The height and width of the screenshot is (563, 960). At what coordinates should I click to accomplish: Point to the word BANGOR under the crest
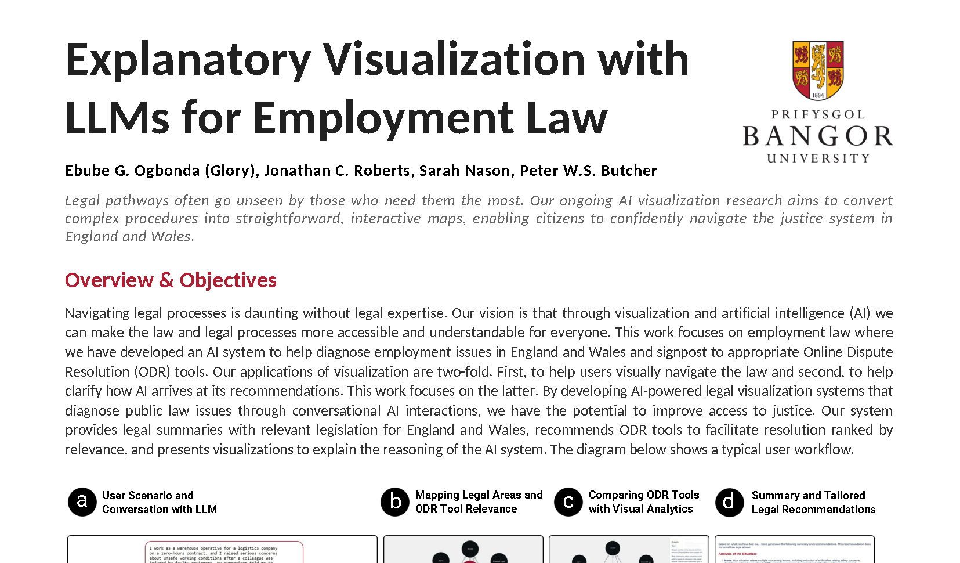[x=818, y=136]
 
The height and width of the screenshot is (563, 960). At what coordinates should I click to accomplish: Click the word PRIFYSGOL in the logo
[x=818, y=114]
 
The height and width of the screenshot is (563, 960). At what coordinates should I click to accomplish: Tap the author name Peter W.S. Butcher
[x=588, y=171]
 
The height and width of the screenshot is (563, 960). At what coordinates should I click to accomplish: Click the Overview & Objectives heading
[x=171, y=280]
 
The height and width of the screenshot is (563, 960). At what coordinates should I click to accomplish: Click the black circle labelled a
[x=82, y=501]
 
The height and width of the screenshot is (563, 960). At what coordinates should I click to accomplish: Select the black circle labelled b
[x=395, y=501]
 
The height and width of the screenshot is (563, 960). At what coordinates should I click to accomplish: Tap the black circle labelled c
[x=568, y=501]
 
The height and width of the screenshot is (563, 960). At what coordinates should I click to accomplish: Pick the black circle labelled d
[x=729, y=501]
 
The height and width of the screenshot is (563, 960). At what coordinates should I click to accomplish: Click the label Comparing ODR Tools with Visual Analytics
[x=643, y=501]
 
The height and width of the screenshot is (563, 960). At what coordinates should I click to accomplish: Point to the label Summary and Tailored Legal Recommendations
[x=813, y=502]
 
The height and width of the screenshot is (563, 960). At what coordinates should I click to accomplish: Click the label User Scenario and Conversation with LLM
[x=159, y=502]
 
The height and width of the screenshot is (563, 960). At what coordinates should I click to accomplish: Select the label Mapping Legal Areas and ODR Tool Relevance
[x=479, y=501]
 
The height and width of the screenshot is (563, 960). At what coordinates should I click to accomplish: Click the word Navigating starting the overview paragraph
[x=97, y=313]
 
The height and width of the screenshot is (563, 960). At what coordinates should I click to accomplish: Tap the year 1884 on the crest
[x=818, y=95]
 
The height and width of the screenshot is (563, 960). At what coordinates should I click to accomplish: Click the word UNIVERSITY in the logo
[x=818, y=158]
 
